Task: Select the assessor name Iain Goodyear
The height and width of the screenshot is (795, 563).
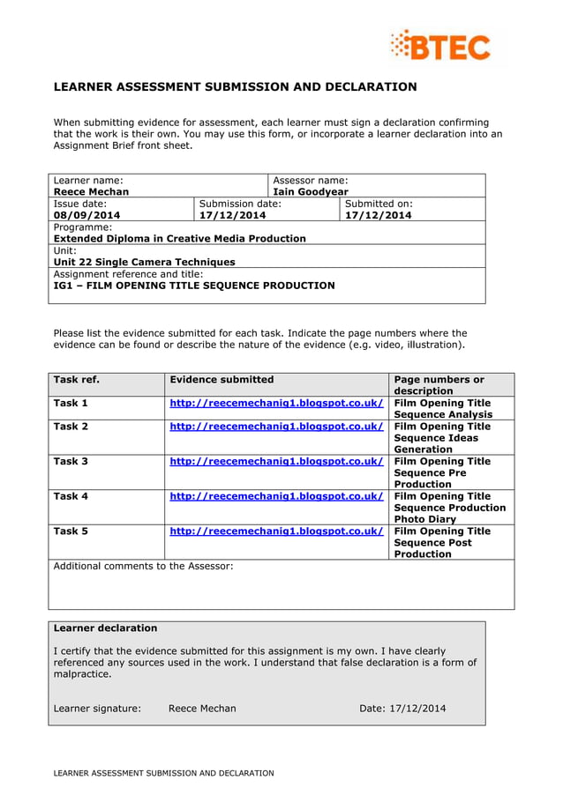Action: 311,191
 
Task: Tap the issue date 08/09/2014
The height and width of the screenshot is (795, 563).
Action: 86,215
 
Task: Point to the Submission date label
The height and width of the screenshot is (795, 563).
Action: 240,203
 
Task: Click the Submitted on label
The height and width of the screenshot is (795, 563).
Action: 378,203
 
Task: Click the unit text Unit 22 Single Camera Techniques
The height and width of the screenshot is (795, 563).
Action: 144,262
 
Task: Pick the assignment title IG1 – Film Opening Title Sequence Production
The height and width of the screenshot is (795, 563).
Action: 194,286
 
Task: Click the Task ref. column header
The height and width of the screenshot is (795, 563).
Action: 76,380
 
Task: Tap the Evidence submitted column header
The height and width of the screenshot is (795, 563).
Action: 221,380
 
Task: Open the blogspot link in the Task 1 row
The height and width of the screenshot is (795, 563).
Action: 276,403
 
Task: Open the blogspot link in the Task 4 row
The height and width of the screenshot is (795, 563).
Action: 276,496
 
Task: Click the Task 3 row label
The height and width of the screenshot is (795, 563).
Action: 71,461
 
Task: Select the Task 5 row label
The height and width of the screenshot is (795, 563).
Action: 71,531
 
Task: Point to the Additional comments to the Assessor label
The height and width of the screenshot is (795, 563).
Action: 143,566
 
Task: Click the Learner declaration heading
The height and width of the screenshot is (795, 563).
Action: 105,628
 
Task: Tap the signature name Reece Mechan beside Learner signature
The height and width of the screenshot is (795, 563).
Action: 202,708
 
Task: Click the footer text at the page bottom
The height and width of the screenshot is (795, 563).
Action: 163,773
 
